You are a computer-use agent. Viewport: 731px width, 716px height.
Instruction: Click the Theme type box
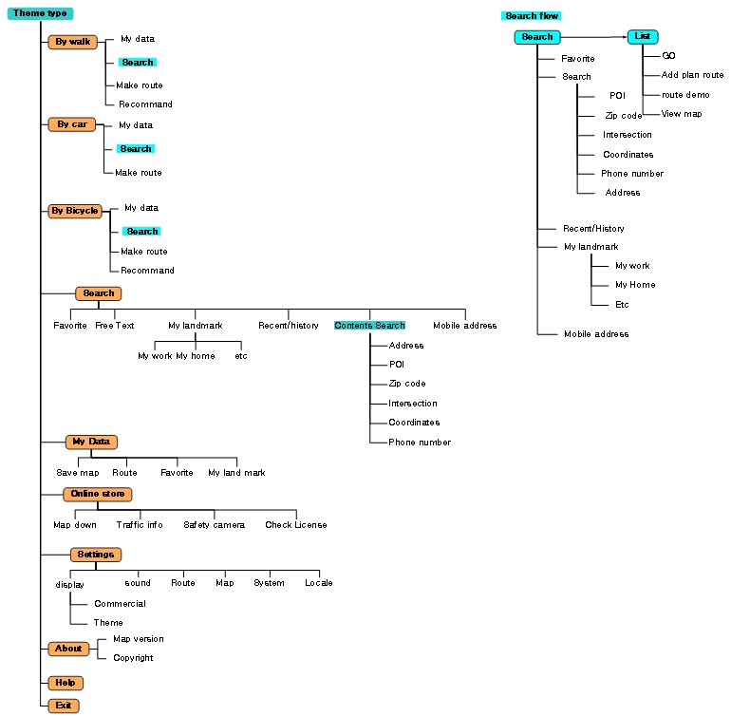tap(40, 13)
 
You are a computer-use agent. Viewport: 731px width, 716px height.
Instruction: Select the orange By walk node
tap(73, 42)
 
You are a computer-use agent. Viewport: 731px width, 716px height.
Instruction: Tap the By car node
tap(72, 124)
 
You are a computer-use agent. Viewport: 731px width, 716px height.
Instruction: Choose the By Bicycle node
tap(75, 211)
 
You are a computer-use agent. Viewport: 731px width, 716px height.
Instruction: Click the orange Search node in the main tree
tap(99, 293)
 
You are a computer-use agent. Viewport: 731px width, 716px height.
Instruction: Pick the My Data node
tap(91, 442)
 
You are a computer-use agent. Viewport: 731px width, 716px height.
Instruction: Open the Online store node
tap(98, 494)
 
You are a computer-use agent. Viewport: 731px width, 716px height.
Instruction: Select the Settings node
tap(96, 555)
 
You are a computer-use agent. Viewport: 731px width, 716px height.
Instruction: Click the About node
tap(68, 649)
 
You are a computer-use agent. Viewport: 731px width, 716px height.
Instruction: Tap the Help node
tap(66, 683)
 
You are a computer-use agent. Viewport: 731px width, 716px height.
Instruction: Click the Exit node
tap(64, 706)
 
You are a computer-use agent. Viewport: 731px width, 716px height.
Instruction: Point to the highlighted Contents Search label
tap(369, 326)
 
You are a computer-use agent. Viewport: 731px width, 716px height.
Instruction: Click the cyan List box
tap(643, 36)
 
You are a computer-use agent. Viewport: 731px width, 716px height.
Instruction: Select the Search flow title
tap(532, 16)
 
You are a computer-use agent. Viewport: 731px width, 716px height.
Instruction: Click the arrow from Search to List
tap(594, 37)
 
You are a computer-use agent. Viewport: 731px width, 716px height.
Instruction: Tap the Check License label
tap(296, 525)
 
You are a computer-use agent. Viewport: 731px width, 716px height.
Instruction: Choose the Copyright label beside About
tap(133, 658)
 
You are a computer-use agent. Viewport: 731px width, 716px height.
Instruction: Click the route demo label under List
tap(685, 95)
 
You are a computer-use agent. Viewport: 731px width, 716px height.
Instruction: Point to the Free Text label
tap(115, 326)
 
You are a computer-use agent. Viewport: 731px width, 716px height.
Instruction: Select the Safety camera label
tap(214, 525)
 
